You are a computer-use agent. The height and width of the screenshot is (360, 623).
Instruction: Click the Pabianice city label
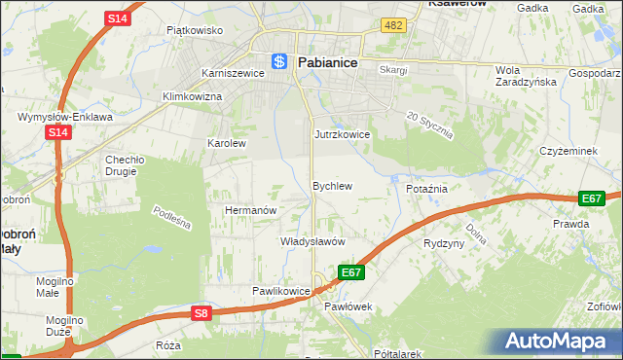[327, 61]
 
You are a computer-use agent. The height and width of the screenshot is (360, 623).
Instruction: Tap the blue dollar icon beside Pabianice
[279, 61]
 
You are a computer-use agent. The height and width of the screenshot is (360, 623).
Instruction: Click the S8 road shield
[201, 312]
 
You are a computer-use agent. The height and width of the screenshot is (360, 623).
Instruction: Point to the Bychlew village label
[331, 185]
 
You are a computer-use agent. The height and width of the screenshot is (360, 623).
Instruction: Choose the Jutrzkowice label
[342, 134]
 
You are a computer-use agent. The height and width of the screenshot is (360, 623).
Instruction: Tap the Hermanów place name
[252, 210]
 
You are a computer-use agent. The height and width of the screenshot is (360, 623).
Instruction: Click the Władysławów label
[313, 240]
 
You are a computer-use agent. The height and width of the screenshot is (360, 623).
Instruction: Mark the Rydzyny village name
[444, 243]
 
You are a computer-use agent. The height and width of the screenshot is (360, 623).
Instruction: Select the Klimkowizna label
[192, 97]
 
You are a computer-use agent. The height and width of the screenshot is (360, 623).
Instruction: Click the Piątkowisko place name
[195, 30]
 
